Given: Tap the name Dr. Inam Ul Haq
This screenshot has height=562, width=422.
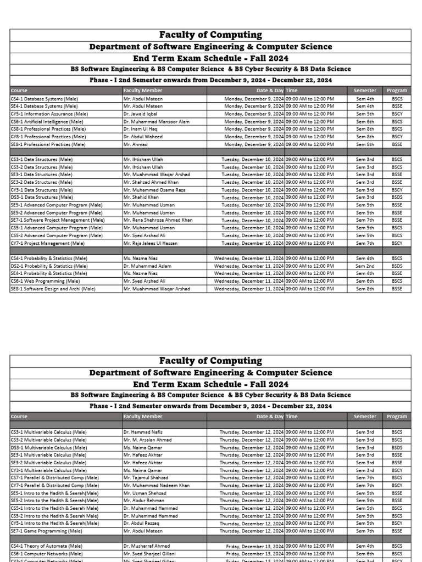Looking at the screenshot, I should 141,129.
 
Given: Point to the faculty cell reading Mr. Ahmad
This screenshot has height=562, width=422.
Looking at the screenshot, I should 134,144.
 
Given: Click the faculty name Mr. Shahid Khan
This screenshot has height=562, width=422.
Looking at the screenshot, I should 141,197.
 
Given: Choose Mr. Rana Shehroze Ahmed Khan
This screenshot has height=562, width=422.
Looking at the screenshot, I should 158,220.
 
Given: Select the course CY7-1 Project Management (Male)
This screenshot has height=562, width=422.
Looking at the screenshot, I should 48,243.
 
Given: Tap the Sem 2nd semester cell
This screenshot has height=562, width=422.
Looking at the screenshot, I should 365,266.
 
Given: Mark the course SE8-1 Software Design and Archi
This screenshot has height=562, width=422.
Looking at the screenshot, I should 53,289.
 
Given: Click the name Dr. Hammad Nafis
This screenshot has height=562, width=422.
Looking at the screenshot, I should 143,432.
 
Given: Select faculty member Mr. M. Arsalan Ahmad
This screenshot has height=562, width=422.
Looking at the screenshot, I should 147,440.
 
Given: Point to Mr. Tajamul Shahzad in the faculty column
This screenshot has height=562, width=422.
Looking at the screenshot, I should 146,477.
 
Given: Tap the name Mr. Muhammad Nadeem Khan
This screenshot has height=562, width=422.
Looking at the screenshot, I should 156,485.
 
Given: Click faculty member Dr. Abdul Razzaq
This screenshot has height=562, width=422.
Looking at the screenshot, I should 142,523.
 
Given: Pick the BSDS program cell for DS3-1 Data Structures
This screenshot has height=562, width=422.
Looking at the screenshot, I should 397,197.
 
